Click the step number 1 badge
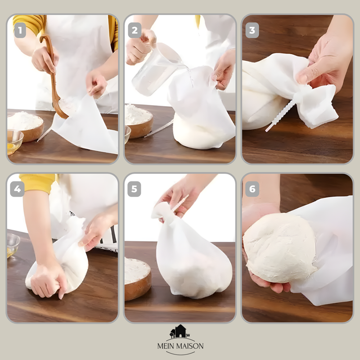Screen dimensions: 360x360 (x=20, y=30)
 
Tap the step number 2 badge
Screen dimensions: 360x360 (x=135, y=30)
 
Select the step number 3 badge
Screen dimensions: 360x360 (x=252, y=30)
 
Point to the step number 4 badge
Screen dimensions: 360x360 (x=17, y=189)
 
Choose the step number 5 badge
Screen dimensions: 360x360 (x=134, y=189)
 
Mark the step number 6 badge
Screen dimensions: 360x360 (x=252, y=189)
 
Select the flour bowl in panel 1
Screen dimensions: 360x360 (x=26, y=125)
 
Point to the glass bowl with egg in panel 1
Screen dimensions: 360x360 (x=14, y=142)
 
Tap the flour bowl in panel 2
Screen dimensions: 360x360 (x=139, y=121)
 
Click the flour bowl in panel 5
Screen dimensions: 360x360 (x=138, y=278)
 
